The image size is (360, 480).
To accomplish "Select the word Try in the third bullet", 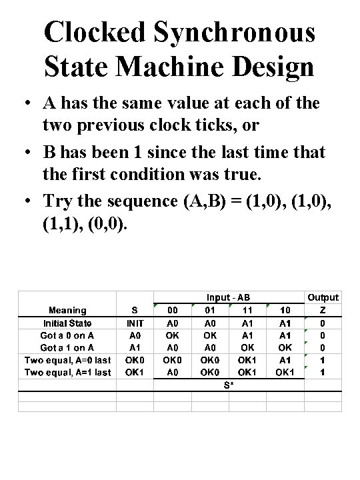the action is pyautogui.click(x=58, y=201).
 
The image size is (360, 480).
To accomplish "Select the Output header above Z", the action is pyautogui.click(x=323, y=297).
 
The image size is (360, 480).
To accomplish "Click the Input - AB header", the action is pyautogui.click(x=229, y=297).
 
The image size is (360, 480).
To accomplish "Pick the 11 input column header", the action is pyautogui.click(x=247, y=310).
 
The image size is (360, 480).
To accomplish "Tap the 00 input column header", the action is pyautogui.click(x=173, y=310).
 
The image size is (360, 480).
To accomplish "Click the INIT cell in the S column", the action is pyautogui.click(x=135, y=323).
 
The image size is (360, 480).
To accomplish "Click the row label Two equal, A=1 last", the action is pyautogui.click(x=68, y=373).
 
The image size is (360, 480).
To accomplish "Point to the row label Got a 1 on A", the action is pyautogui.click(x=68, y=347).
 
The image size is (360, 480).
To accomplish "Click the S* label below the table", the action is pyautogui.click(x=229, y=385).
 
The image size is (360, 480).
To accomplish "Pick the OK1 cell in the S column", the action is pyautogui.click(x=135, y=373).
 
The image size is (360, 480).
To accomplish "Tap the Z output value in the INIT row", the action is pyautogui.click(x=323, y=323).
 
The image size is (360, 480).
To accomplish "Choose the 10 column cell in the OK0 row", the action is pyautogui.click(x=285, y=360).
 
